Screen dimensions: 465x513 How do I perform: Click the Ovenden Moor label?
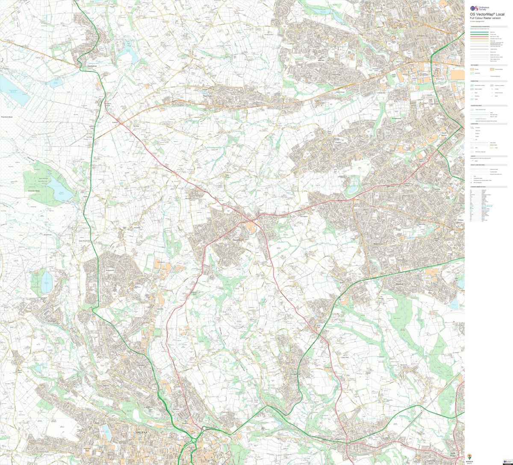pyautogui.click(x=33, y=191)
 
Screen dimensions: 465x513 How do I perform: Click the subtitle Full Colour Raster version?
pyautogui.click(x=485, y=18)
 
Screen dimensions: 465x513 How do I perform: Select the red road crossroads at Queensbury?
pyautogui.click(x=252, y=221)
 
